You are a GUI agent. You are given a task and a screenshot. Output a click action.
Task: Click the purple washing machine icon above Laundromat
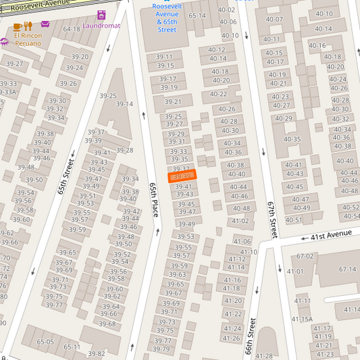(x=101, y=15)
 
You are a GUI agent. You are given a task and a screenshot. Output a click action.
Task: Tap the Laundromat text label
(x=101, y=26)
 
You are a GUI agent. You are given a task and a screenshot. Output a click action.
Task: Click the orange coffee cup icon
(x=18, y=26)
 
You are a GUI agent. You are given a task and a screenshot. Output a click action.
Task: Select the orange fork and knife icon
(x=28, y=26)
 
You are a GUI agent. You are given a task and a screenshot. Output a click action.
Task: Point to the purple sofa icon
(x=45, y=24)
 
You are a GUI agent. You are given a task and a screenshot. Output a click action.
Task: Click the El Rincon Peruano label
(x=27, y=39)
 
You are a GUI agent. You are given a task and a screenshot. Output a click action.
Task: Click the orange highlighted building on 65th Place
(x=182, y=176)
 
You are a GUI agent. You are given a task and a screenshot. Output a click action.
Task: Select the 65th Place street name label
(x=154, y=199)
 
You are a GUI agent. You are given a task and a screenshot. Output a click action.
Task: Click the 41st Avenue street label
(x=332, y=234)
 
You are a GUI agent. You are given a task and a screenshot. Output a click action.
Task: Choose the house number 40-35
(x=292, y=139)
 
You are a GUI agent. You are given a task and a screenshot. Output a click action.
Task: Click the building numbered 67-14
(x=347, y=269)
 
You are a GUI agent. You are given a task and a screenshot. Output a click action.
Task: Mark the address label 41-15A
(x=302, y=319)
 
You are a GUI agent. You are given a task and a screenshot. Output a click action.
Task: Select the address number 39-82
(x=97, y=353)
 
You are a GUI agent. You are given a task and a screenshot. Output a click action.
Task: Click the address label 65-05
(x=45, y=342)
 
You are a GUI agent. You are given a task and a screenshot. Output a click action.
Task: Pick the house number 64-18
(x=72, y=29)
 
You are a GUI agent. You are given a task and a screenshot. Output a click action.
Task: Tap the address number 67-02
(x=305, y=256)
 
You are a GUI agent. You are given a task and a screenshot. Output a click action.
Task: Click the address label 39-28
(x=124, y=150)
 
